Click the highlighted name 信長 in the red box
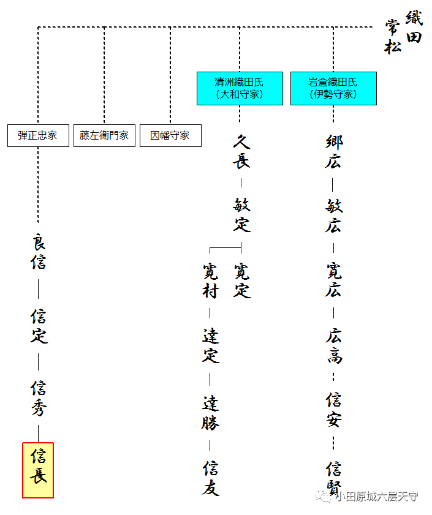pos(38,470)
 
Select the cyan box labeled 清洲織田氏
pos(240,88)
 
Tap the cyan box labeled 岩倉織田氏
pos(333,88)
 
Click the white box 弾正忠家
pos(38,135)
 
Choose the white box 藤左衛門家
pos(104,135)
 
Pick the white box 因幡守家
pos(170,135)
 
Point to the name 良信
pos(39,252)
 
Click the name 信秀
pos(39,398)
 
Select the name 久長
pos(241,151)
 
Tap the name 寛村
pos(210,280)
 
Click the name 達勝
pos(210,413)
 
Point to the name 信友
pos(210,478)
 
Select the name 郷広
pos(334,151)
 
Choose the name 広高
pos(334,345)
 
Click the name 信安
pos(334,409)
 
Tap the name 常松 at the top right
pos(393,37)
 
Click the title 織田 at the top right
pos(414,27)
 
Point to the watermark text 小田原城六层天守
pos(377,496)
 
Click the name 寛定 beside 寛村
pos(241,280)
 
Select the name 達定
pos(210,345)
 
